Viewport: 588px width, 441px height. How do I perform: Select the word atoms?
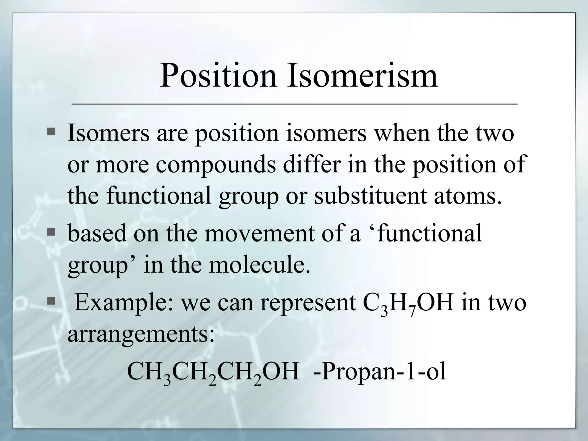coord(468,195)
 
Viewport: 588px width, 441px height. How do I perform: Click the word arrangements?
coord(141,334)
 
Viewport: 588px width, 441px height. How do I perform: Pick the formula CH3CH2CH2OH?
coord(213,372)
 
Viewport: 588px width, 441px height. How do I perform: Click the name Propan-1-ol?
coord(380,372)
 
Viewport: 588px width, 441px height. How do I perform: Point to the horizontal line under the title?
coord(294,104)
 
